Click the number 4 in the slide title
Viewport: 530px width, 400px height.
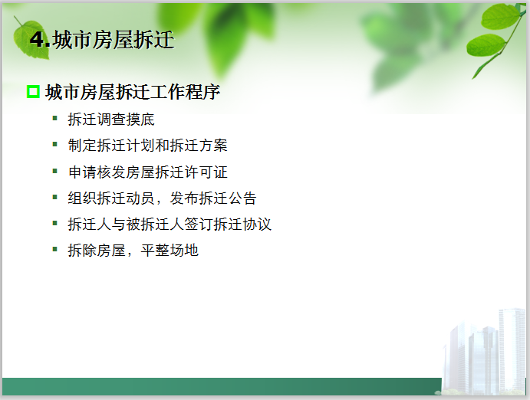pyautogui.click(x=38, y=39)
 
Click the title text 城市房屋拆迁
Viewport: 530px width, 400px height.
pyautogui.click(x=114, y=40)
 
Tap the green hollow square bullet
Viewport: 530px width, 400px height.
pyautogui.click(x=33, y=92)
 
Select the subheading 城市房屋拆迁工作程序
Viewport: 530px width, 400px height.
pyautogui.click(x=133, y=92)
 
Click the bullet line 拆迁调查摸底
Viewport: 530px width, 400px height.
pyautogui.click(x=111, y=120)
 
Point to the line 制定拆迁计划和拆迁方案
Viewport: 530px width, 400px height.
pyautogui.click(x=148, y=146)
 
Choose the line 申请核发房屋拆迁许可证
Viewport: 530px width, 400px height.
pyautogui.click(x=148, y=172)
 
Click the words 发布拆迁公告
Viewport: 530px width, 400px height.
pyautogui.click(x=213, y=198)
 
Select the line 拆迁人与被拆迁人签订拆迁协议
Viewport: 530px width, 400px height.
pyautogui.click(x=170, y=224)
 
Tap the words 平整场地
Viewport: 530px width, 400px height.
pyautogui.click(x=170, y=250)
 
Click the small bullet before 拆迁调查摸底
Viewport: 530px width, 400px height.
pyautogui.click(x=55, y=119)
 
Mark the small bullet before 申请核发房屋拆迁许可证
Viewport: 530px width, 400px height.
pyautogui.click(x=55, y=171)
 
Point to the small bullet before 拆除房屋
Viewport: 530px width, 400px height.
pyautogui.click(x=55, y=249)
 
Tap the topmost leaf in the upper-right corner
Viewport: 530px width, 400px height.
pyautogui.click(x=500, y=16)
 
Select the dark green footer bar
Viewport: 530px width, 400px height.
pyautogui.click(x=222, y=386)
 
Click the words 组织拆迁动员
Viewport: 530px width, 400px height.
pyautogui.click(x=111, y=198)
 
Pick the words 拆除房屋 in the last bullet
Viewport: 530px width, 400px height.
pyautogui.click(x=97, y=250)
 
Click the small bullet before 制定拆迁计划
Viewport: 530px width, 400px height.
pyautogui.click(x=55, y=145)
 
